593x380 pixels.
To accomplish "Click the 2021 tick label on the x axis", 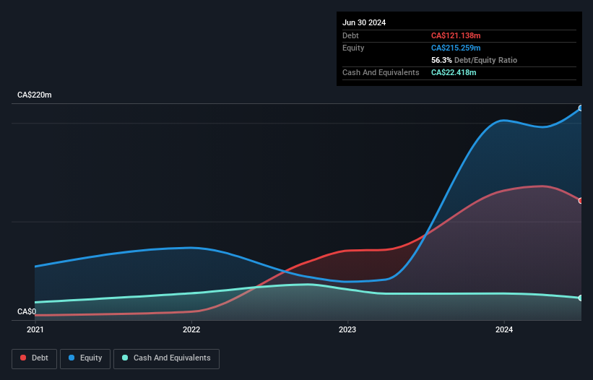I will click(x=35, y=329).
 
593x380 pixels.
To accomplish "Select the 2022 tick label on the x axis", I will click(x=191, y=329).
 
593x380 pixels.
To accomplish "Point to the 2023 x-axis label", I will click(x=347, y=329).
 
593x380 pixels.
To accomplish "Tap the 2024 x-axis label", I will click(x=504, y=329).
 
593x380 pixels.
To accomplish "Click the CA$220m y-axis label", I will click(x=35, y=95).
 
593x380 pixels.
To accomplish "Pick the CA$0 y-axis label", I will click(x=27, y=311).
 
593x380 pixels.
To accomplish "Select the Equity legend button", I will click(x=85, y=358).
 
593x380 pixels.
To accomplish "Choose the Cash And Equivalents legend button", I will click(x=166, y=358).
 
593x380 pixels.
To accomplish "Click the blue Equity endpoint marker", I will click(x=581, y=108).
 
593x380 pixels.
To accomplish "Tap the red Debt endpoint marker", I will click(x=581, y=201).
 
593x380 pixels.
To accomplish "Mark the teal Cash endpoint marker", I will click(x=581, y=298).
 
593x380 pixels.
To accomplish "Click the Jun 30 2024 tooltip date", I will click(x=364, y=22).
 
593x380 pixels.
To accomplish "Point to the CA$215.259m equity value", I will click(x=455, y=48).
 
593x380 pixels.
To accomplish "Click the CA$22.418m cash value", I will click(x=454, y=72).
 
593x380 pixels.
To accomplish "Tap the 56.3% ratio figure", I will click(x=441, y=60).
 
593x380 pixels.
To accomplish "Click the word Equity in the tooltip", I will click(x=353, y=48).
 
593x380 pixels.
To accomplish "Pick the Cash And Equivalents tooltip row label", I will click(x=381, y=72).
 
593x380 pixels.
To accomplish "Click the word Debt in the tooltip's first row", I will click(x=350, y=35).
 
